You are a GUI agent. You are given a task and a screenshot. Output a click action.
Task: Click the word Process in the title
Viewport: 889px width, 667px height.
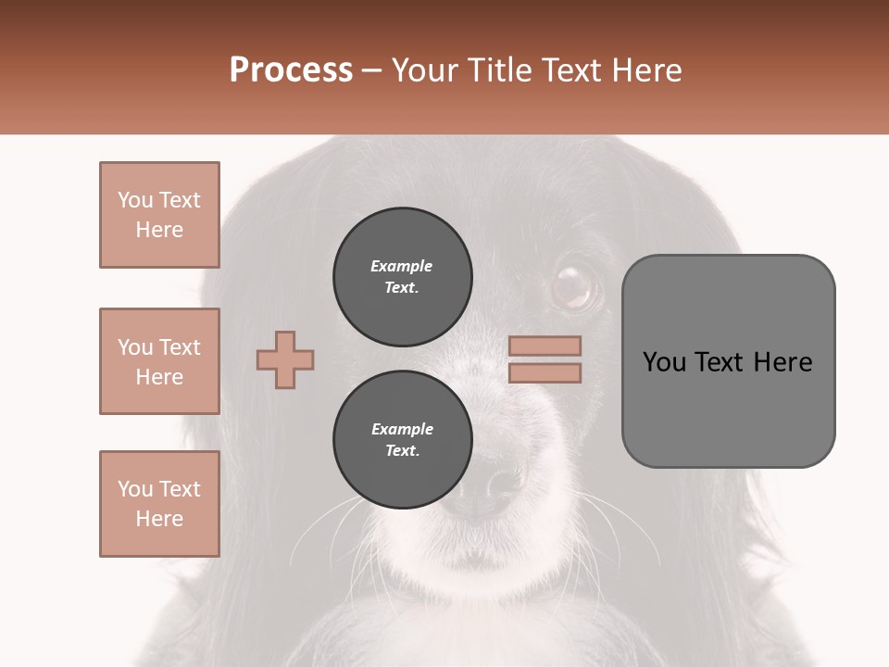click(x=291, y=70)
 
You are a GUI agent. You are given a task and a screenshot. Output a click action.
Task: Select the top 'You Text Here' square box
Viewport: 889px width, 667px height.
click(x=159, y=215)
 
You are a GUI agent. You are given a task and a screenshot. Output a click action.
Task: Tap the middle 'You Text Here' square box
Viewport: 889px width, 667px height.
click(x=159, y=361)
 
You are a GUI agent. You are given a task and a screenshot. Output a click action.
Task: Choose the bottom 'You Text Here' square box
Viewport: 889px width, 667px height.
click(x=159, y=504)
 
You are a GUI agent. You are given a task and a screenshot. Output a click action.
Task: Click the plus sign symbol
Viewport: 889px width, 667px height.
click(x=285, y=359)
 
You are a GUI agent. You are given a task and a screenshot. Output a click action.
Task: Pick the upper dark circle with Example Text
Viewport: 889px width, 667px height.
click(x=402, y=276)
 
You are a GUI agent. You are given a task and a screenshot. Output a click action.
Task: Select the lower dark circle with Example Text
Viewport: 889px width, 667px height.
click(x=402, y=439)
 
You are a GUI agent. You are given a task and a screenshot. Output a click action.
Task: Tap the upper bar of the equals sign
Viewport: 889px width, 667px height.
click(x=545, y=346)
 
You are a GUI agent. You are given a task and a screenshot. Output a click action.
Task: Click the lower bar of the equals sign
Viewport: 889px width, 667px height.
click(x=545, y=372)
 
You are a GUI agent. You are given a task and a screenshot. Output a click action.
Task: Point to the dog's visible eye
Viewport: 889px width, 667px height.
click(x=574, y=286)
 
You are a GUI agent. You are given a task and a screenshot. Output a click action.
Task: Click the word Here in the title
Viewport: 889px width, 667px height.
click(x=645, y=70)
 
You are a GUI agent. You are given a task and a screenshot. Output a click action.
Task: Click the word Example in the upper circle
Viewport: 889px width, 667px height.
click(x=402, y=266)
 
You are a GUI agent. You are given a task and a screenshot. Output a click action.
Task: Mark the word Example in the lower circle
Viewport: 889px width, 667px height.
click(x=402, y=429)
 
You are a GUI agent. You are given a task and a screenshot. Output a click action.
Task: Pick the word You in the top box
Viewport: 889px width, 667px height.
click(x=135, y=200)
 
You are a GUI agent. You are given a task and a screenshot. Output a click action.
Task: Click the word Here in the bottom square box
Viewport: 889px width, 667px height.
click(x=159, y=519)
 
